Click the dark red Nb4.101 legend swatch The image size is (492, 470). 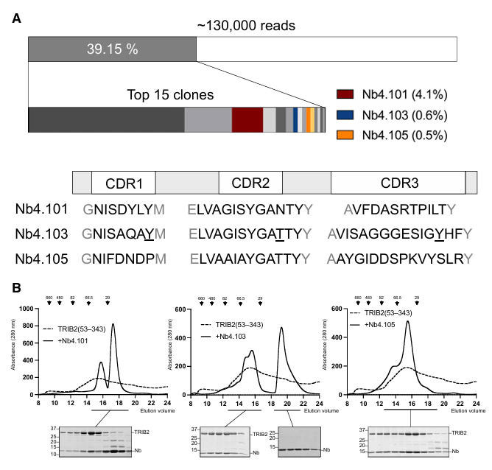(345, 95)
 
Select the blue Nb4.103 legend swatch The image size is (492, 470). (345, 116)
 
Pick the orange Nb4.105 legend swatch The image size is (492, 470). (345, 136)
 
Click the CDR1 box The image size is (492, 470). (123, 183)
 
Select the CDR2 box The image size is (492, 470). (250, 183)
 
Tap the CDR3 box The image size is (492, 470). (398, 183)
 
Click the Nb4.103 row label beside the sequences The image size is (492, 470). (41, 234)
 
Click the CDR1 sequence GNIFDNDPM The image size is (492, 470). (125, 259)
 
